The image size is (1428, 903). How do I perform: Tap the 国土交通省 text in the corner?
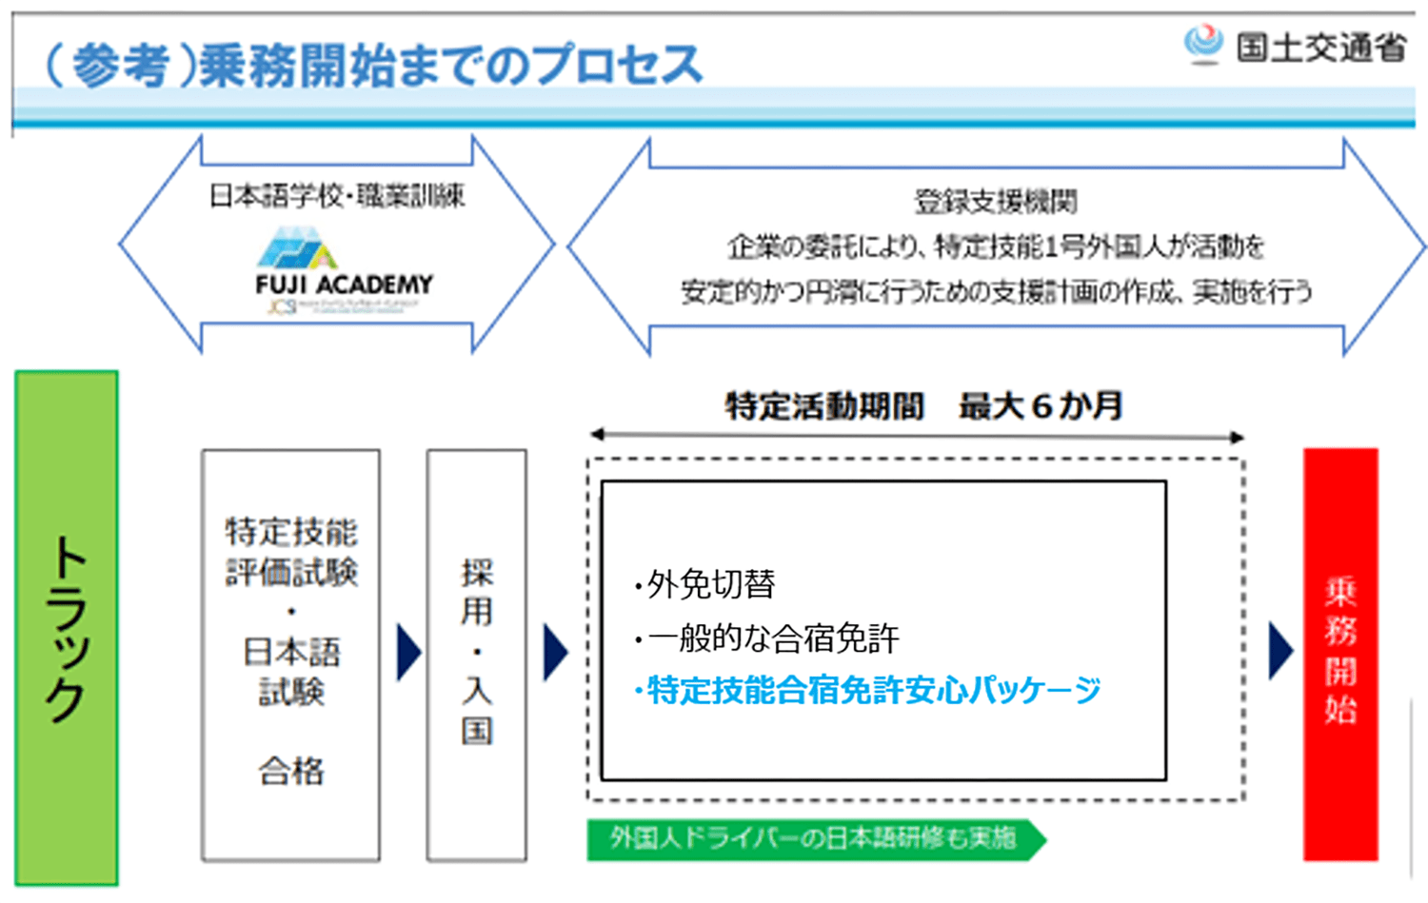(1320, 47)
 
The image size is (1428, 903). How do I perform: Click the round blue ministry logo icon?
(1203, 43)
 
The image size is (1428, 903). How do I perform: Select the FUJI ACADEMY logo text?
(344, 285)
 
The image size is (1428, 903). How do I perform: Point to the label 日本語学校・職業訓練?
(337, 196)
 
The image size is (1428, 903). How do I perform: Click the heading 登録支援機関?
(996, 202)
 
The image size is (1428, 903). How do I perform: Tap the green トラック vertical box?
(67, 628)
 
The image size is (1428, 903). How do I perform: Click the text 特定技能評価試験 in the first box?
(291, 552)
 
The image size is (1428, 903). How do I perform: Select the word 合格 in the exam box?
(291, 771)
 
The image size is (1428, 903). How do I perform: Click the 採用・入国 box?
(477, 655)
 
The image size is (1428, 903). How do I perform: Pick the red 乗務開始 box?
(1340, 655)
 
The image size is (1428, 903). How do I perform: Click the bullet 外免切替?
(704, 584)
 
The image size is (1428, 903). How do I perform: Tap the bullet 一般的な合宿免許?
(767, 638)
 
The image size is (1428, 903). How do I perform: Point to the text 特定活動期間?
(824, 407)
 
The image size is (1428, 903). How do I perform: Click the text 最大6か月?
(1041, 407)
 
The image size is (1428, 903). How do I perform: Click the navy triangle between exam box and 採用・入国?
(408, 653)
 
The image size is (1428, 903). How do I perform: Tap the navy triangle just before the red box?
(1281, 653)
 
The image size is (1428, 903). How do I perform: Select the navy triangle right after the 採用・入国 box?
(555, 653)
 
